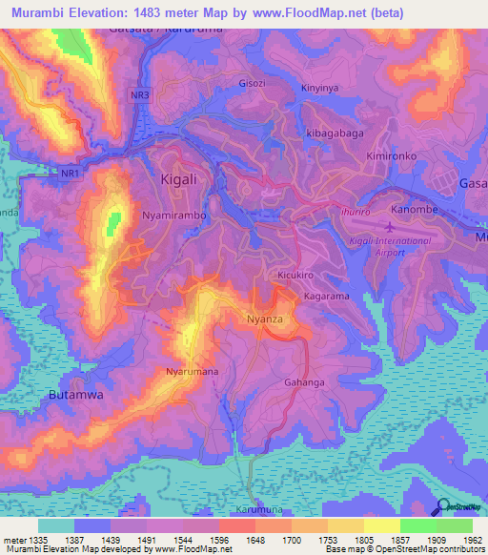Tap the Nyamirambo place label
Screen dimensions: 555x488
[174, 216]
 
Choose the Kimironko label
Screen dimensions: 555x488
[391, 154]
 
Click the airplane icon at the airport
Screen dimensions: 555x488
[392, 227]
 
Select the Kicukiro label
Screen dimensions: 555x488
[296, 276]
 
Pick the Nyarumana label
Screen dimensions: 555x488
[193, 371]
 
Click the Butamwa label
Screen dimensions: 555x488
[75, 393]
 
